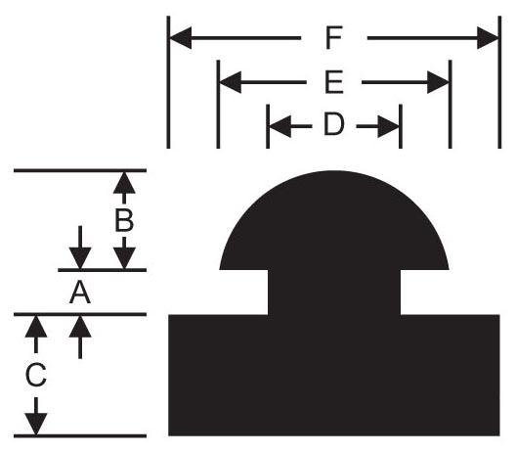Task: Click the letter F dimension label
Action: tap(334, 38)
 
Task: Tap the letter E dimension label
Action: tap(334, 82)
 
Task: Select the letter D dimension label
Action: tap(334, 124)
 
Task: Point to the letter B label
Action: tap(124, 220)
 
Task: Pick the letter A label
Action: tap(80, 293)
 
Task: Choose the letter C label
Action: tap(36, 375)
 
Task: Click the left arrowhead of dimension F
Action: tap(181, 38)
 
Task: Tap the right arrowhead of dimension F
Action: tap(488, 38)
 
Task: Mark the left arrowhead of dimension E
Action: tap(230, 82)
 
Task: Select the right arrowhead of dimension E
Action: tap(438, 82)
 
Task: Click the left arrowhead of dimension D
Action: tap(280, 126)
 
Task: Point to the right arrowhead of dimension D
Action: tap(388, 126)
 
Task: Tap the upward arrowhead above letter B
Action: tap(124, 183)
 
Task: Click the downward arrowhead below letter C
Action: tap(36, 424)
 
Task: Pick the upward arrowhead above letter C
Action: tap(36, 327)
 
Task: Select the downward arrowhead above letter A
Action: tap(80, 258)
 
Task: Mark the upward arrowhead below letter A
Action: tap(80, 327)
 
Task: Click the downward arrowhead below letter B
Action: tap(124, 258)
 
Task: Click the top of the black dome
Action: tap(334, 171)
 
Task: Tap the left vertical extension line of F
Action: tap(168, 82)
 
